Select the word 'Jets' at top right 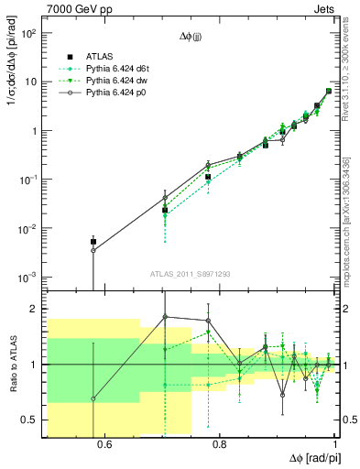(325, 7)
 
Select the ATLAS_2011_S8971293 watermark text (191, 274)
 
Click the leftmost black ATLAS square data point (93, 242)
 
